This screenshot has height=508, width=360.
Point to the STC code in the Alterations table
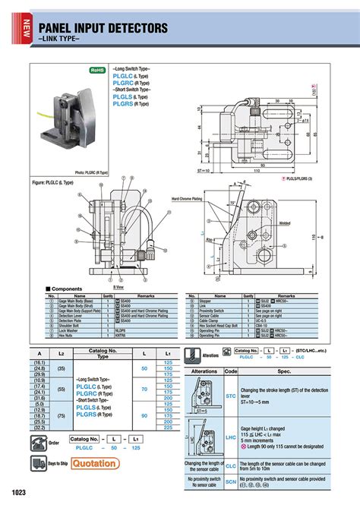(232, 395)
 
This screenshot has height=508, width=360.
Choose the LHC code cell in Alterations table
(232, 437)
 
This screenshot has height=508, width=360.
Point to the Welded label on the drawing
(286, 223)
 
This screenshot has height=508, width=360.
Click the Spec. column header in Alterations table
(284, 371)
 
